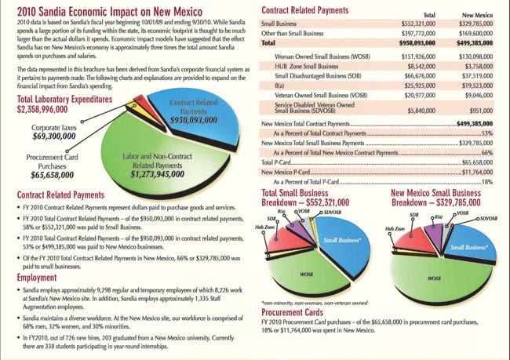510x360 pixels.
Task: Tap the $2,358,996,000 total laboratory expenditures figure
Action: tap(49, 108)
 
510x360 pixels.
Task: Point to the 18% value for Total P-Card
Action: tap(486, 181)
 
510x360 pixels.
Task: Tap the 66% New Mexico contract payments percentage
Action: tap(486, 152)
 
